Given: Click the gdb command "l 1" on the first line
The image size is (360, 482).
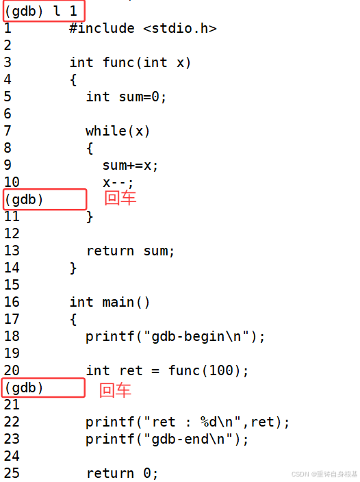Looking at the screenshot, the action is pyautogui.click(x=65, y=12).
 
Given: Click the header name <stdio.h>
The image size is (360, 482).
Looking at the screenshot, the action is pyautogui.click(x=180, y=29).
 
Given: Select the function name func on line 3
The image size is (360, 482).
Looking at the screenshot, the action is pyautogui.click(x=118, y=63).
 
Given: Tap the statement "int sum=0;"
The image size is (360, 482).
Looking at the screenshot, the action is pyautogui.click(x=126, y=97).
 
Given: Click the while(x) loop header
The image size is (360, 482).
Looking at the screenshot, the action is pyautogui.click(x=118, y=131).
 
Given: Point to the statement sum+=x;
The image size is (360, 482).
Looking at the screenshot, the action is pyautogui.click(x=130, y=166).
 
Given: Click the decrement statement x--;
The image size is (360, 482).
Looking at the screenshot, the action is pyautogui.click(x=118, y=183).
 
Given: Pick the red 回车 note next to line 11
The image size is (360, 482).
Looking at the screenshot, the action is pyautogui.click(x=120, y=198).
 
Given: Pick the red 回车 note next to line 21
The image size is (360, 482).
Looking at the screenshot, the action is pyautogui.click(x=115, y=390).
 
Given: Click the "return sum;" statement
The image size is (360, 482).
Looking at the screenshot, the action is pyautogui.click(x=130, y=251).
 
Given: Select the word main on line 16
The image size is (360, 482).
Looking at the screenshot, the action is pyautogui.click(x=118, y=303).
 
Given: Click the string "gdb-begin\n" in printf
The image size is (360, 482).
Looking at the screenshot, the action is pyautogui.click(x=196, y=336).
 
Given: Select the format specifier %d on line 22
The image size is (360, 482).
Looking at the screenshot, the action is pyautogui.click(x=209, y=422).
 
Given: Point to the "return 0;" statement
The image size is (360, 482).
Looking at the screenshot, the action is pyautogui.click(x=123, y=473).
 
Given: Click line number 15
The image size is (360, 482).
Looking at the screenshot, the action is pyautogui.click(x=12, y=285).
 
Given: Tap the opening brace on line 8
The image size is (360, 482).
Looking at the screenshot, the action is pyautogui.click(x=90, y=149).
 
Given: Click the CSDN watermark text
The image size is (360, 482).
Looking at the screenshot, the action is pyautogui.click(x=324, y=474).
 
